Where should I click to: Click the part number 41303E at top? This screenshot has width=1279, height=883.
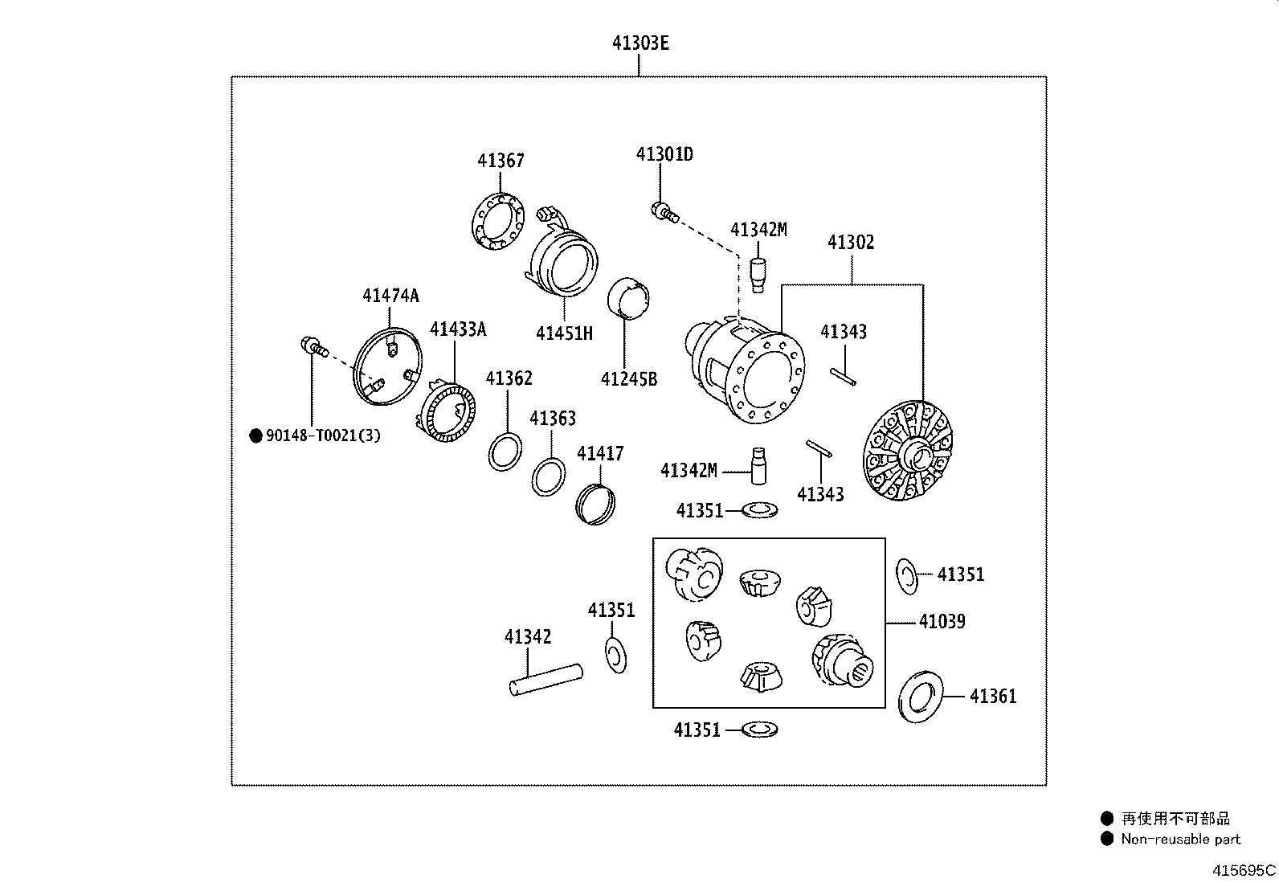(x=640, y=43)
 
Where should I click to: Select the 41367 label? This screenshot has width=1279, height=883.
(x=501, y=161)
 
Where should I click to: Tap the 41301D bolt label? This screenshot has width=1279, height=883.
(x=664, y=154)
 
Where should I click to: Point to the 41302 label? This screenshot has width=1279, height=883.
(x=851, y=242)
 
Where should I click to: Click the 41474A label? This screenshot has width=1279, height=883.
(x=390, y=296)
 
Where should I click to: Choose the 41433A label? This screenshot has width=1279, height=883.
(x=458, y=329)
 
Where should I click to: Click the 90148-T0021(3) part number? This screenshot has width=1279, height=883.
(x=323, y=435)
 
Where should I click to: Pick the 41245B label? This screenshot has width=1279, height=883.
(x=628, y=379)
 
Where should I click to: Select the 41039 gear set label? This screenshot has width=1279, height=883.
(x=942, y=621)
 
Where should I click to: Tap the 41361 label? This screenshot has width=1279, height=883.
(x=993, y=697)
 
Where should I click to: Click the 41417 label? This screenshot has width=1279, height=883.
(x=600, y=453)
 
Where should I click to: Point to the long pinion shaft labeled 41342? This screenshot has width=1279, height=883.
(x=546, y=680)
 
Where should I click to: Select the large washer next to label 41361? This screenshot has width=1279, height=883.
(x=921, y=697)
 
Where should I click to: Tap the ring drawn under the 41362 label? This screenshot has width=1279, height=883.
(x=505, y=452)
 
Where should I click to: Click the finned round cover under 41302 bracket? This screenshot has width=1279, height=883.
(x=907, y=452)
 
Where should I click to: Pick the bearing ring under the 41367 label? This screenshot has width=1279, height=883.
(x=498, y=222)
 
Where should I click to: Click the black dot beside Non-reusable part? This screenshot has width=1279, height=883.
(x=1106, y=839)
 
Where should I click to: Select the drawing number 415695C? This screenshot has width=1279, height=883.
(x=1244, y=870)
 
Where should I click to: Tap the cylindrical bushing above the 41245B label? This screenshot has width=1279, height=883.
(x=627, y=296)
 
